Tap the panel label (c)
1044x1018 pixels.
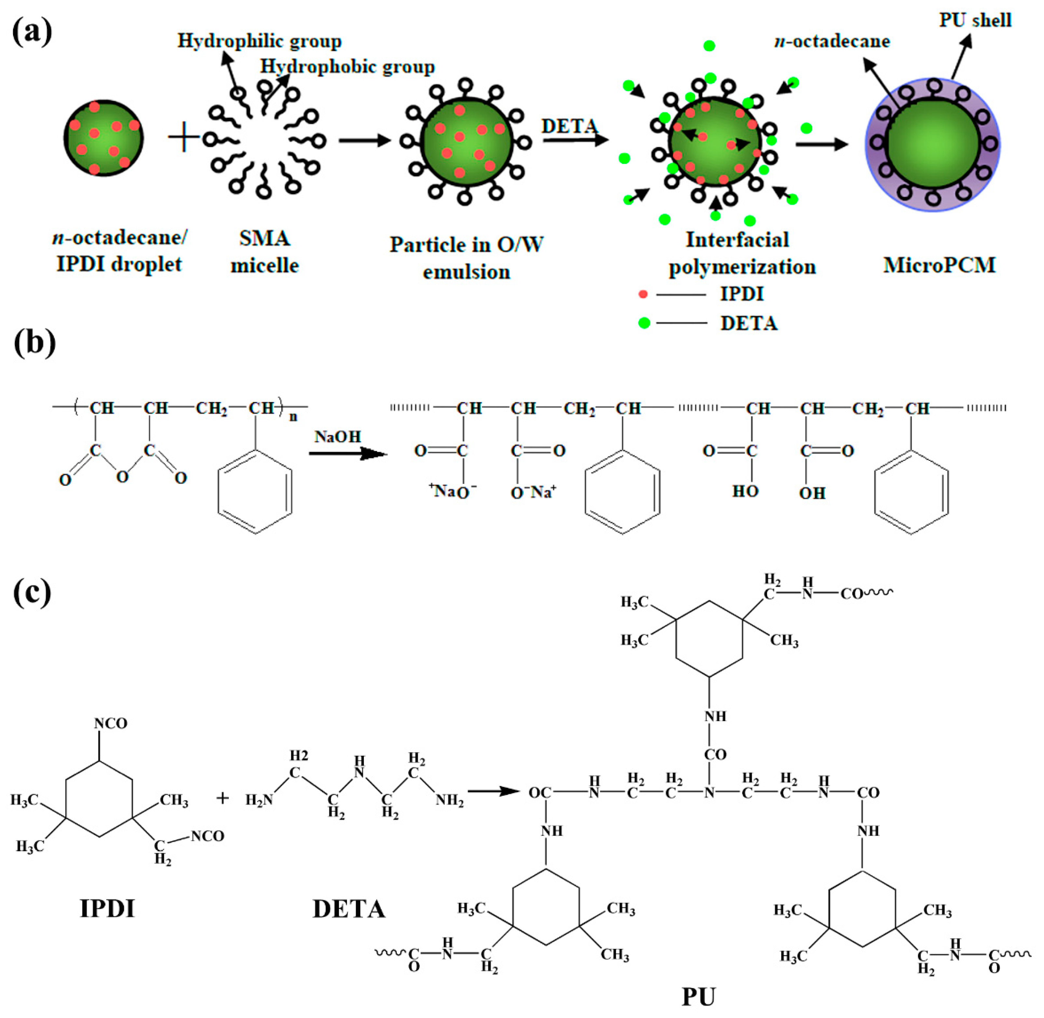click(x=32, y=592)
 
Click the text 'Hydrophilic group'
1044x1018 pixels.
click(x=259, y=41)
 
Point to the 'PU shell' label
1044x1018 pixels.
click(x=975, y=20)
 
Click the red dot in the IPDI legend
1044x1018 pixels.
click(x=643, y=294)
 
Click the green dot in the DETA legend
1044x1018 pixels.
click(x=644, y=323)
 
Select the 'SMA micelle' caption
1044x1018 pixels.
click(x=265, y=251)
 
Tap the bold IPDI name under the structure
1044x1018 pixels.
click(x=107, y=908)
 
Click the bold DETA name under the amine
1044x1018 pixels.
click(x=349, y=909)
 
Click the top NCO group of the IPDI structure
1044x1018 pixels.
click(x=110, y=723)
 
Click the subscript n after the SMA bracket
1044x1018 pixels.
click(x=293, y=416)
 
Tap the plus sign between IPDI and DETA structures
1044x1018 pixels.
click(x=223, y=798)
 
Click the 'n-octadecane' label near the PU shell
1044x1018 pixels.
click(x=832, y=41)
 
